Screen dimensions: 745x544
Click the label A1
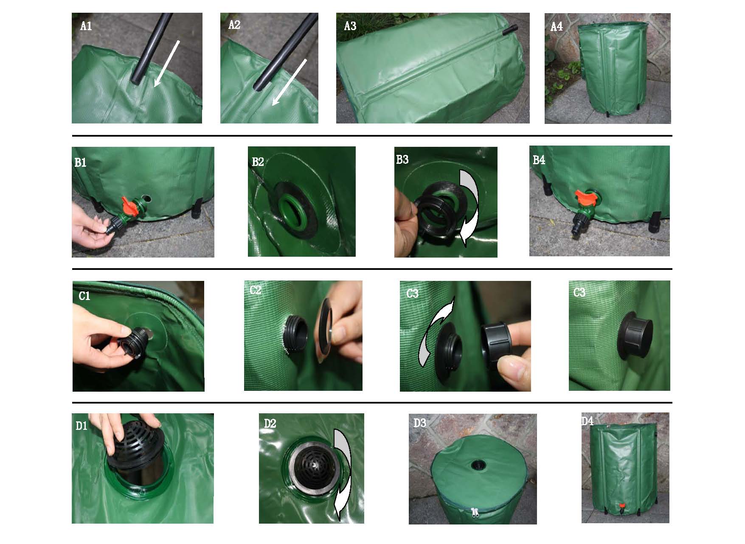pos(86,26)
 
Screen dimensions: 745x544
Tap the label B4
pos(539,160)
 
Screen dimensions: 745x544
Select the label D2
pos(270,423)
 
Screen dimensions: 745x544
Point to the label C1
pos(84,295)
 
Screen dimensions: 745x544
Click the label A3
pos(350,26)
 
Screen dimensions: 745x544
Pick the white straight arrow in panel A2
pos(289,82)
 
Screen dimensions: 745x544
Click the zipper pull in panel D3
pos(474,513)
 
